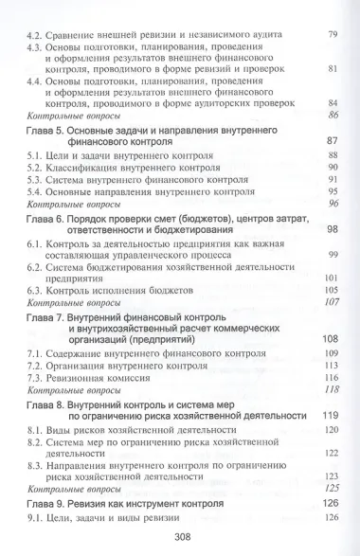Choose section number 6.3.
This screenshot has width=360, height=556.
tap(37, 290)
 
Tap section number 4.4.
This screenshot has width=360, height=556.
tap(37, 81)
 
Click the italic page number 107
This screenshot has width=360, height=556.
tap(331, 303)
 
